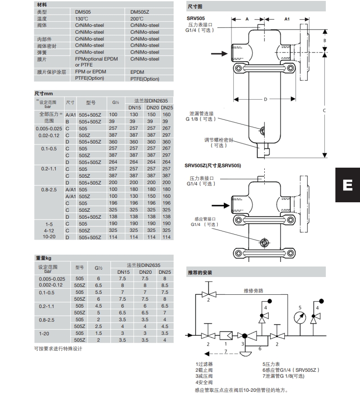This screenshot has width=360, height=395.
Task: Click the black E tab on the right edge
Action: [347, 185]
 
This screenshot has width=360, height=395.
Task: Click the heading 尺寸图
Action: [195, 7]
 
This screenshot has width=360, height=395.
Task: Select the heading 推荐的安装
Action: [200, 272]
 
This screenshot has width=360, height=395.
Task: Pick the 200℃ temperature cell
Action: [137, 19]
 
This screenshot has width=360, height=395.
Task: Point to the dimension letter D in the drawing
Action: [265, 98]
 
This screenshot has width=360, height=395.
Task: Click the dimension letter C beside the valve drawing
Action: [324, 110]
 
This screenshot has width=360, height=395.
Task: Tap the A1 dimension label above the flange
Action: [287, 19]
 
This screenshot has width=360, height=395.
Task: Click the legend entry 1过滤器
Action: [204, 364]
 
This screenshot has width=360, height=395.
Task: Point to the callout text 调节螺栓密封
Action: [218, 140]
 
